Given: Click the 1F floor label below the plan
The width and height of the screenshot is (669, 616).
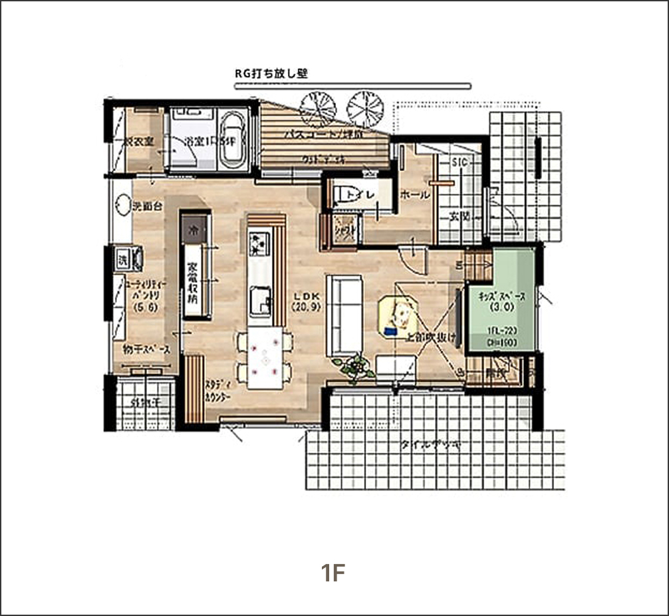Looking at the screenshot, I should coord(334,573).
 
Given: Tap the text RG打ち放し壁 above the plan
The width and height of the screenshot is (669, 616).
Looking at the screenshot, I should coord(271,75).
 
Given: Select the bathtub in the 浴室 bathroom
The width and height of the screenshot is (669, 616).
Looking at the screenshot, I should coord(233,140).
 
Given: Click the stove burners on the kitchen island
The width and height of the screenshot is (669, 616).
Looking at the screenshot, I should coord(258,243).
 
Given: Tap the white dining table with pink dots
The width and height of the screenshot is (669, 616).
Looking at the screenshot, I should coord(266,357).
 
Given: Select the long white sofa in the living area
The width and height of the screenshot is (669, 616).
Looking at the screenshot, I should coord(343,316).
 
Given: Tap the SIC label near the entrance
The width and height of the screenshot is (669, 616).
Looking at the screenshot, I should coord(460,162).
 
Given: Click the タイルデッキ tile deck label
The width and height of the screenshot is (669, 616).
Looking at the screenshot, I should coord(430,444).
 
